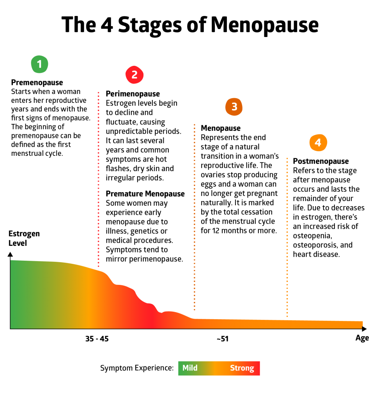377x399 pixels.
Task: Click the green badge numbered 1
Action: point(39,64)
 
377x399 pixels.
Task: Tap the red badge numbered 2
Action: point(134,74)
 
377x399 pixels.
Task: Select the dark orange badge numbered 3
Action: point(234,106)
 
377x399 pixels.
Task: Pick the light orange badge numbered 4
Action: point(318,143)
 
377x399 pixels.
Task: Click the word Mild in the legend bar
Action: point(190,368)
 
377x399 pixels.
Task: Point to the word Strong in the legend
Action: point(242,368)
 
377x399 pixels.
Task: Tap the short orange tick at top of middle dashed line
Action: point(202,143)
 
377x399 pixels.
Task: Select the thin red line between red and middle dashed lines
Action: point(148,209)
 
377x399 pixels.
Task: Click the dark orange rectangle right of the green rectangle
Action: point(240,275)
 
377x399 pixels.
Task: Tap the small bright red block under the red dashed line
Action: point(113,266)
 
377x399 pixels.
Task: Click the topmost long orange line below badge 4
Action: point(318,176)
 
